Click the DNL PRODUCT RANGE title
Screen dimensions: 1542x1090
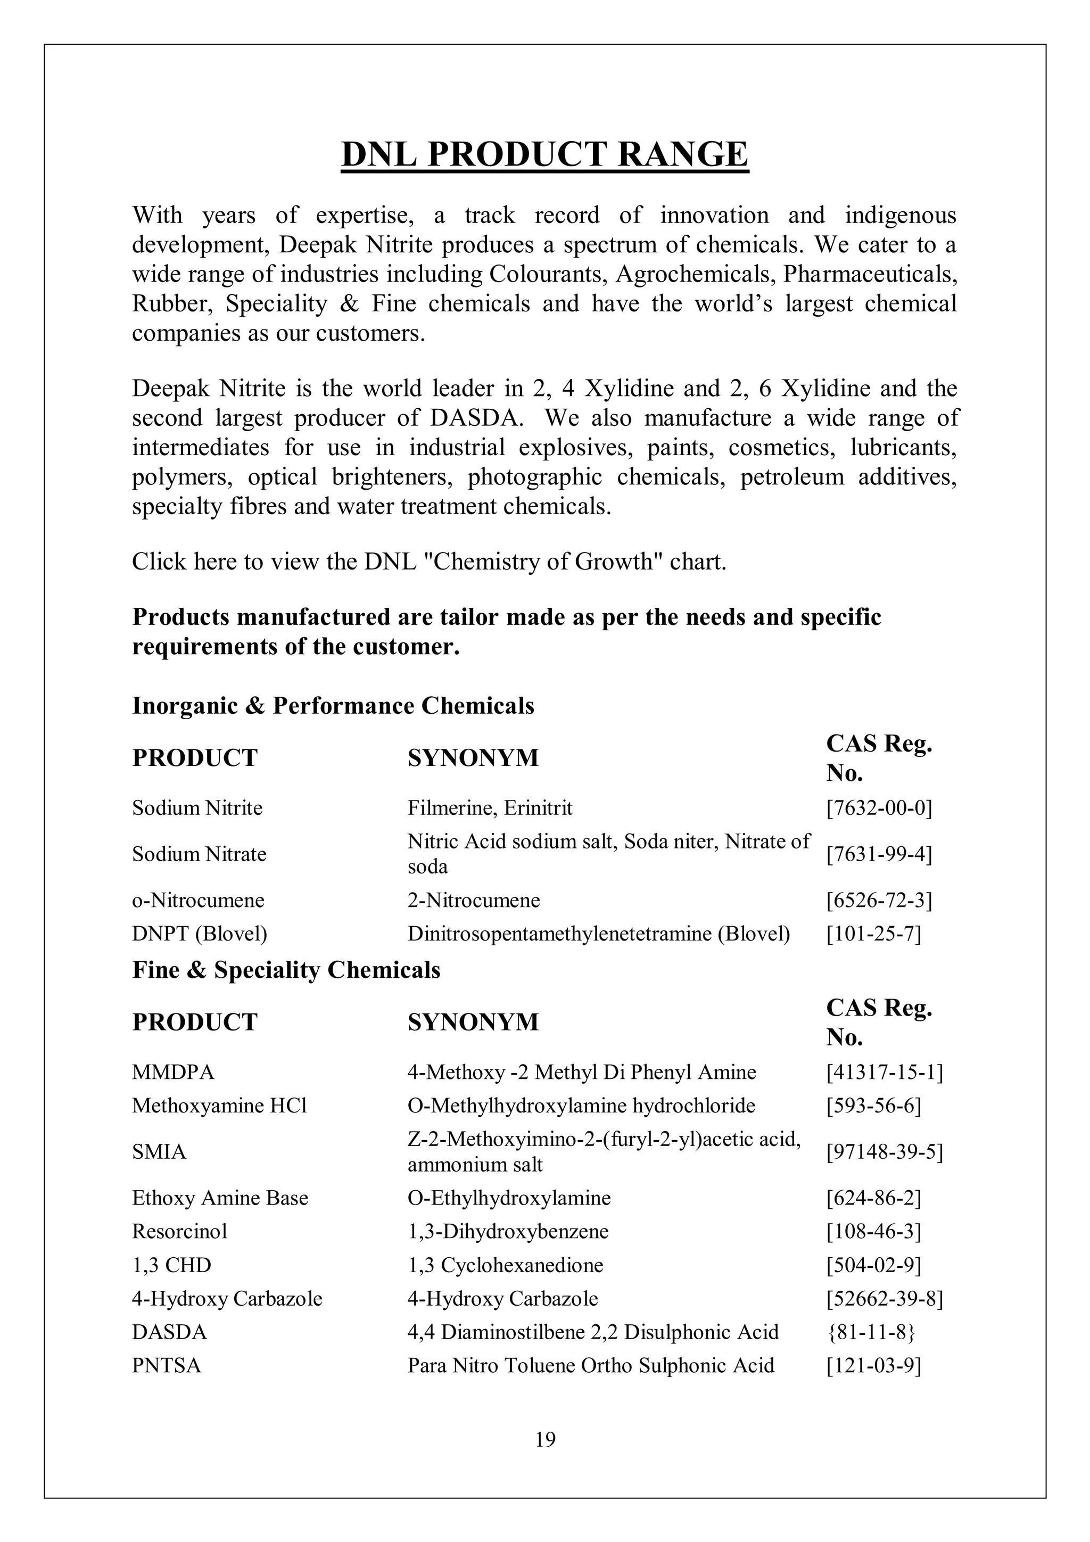coord(544,154)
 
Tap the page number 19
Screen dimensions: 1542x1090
coord(546,1439)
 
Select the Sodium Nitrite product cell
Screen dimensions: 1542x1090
coord(197,807)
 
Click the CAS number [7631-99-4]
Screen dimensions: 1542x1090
coord(879,854)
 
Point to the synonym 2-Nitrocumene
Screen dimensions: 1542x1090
coord(474,900)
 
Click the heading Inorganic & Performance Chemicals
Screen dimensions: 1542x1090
coord(333,706)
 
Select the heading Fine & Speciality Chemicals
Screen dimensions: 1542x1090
coord(286,970)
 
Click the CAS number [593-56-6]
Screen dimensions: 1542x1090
coord(873,1106)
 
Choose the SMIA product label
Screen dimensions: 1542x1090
coord(159,1152)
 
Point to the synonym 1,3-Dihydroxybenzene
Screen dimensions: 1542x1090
coord(508,1231)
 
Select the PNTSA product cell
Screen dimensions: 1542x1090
coord(166,1365)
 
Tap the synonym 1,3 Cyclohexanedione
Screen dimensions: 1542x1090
coord(505,1265)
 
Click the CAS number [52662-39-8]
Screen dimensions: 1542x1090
coord(884,1298)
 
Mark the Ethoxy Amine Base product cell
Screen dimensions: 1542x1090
coord(220,1198)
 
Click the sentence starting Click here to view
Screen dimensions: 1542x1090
coord(429,562)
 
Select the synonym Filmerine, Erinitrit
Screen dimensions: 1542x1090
coord(490,807)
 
